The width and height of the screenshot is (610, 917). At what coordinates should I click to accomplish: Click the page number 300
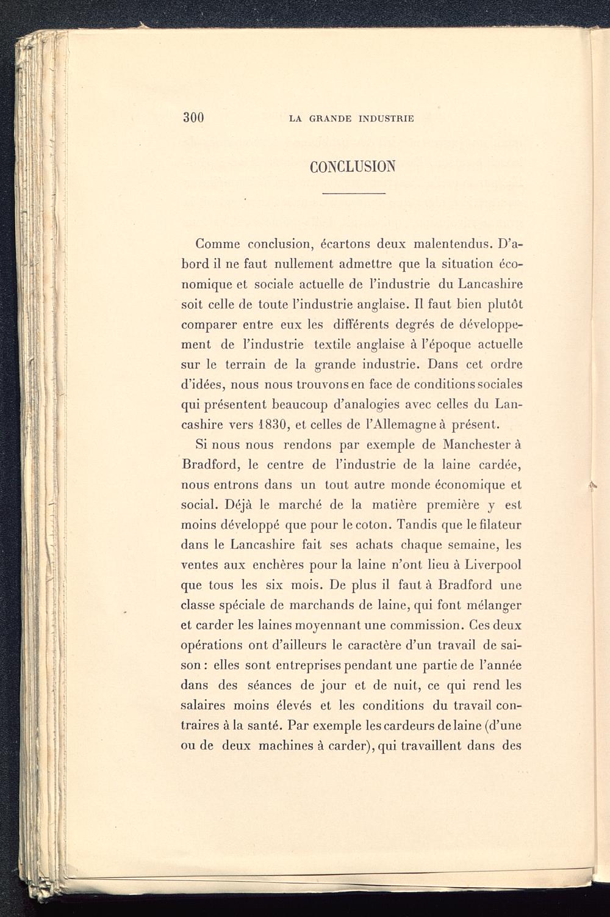click(x=193, y=118)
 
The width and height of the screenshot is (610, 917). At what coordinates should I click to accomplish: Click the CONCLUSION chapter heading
click(x=353, y=166)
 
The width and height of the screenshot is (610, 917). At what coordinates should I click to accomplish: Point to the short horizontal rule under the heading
click(x=354, y=194)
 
